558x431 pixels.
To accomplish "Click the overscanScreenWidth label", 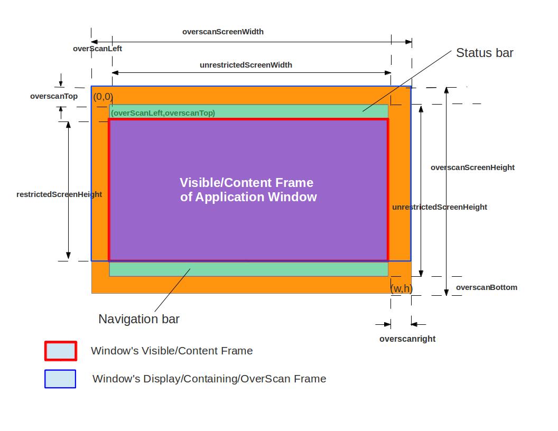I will tap(223, 32).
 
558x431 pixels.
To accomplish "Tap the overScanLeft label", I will tap(98, 49).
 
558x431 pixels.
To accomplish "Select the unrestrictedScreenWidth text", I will tap(246, 65).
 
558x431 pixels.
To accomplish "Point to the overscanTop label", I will tap(54, 96).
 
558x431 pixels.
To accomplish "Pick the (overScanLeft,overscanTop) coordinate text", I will tap(163, 113).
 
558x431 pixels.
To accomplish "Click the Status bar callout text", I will tap(485, 53).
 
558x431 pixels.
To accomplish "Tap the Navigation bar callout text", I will tap(139, 319).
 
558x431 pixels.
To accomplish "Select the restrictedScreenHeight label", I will tap(59, 194).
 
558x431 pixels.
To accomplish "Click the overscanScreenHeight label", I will tap(472, 167).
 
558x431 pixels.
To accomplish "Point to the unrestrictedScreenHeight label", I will tap(440, 207).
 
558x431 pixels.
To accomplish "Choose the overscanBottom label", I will tap(487, 287).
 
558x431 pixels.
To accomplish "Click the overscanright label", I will tap(407, 339).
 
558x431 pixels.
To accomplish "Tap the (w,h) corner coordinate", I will tap(401, 288).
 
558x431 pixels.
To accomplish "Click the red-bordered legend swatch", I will tap(60, 351).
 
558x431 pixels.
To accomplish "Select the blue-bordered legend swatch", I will tap(60, 379).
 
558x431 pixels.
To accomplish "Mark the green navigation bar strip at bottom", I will tap(248, 269).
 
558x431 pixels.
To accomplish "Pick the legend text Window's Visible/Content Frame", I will tap(172, 351).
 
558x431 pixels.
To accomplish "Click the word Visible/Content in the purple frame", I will tap(231, 183).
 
